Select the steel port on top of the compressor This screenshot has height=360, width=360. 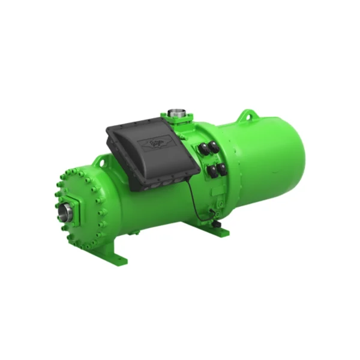point(175,112)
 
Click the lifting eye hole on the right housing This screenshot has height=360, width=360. point(245,115)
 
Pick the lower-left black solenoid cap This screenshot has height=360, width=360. point(211,173)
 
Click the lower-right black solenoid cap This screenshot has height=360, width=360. point(221,169)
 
